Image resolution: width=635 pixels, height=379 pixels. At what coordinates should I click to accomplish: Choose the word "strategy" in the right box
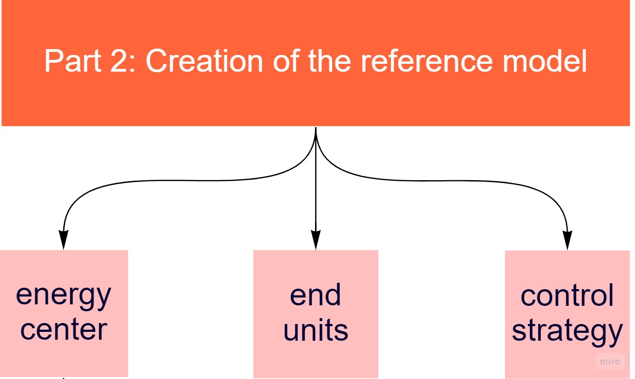pos(567,331)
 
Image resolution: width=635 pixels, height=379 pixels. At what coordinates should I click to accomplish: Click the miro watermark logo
pos(610,361)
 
